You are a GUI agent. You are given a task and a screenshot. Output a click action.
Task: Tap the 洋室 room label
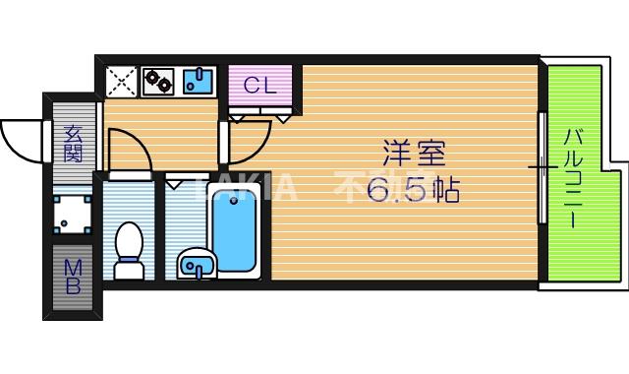coord(414,156)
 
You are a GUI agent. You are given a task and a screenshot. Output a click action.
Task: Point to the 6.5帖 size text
coord(414,191)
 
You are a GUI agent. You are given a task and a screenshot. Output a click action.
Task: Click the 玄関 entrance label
coord(74,144)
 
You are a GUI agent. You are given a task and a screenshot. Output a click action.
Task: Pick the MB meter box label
coord(74,276)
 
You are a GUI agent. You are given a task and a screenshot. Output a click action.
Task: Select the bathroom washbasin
coord(198,264)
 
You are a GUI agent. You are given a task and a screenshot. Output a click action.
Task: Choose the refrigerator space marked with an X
coord(122,80)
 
